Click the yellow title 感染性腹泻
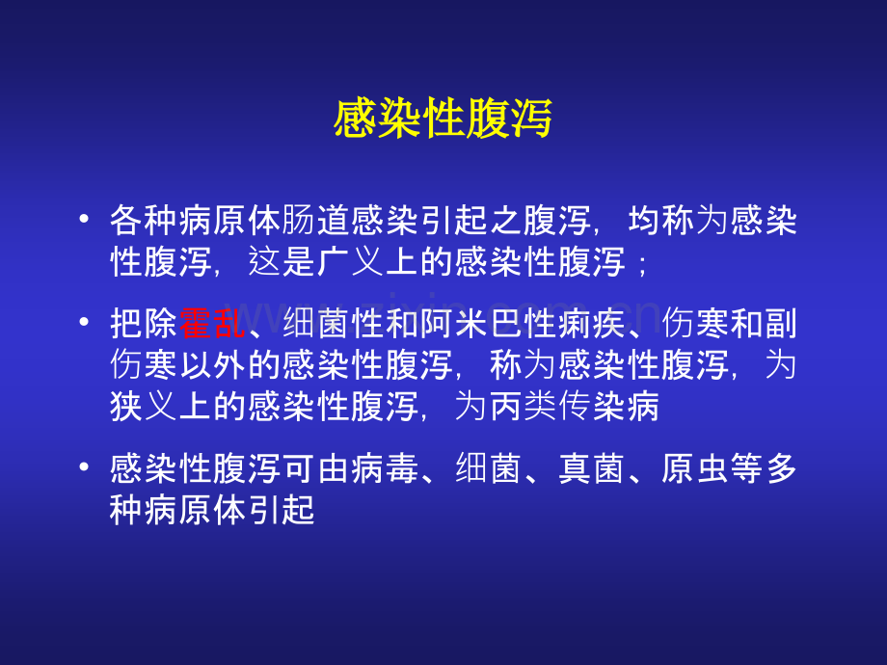pyautogui.click(x=443, y=120)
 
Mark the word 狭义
pyautogui.click(x=145, y=407)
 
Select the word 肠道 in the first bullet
pyautogui.click(x=316, y=222)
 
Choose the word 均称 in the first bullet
pyautogui.click(x=659, y=222)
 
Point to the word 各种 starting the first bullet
pyautogui.click(x=145, y=222)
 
